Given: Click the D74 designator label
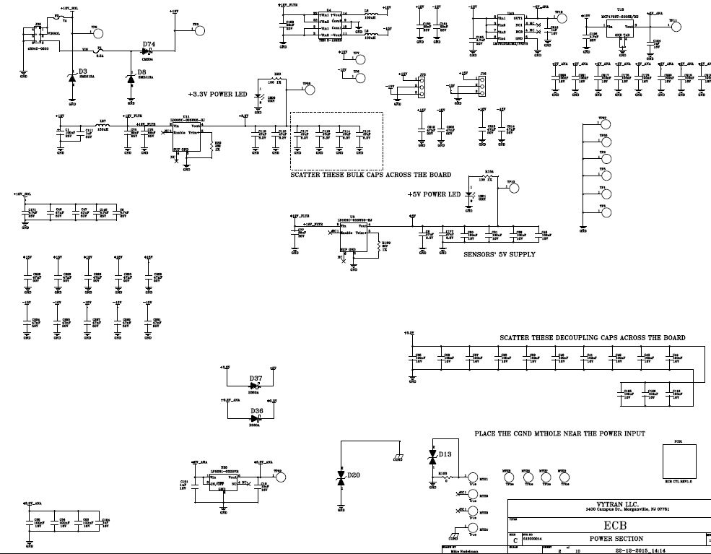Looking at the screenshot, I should click(149, 44).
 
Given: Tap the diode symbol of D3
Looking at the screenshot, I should click(71, 80).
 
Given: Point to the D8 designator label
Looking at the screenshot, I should click(141, 72).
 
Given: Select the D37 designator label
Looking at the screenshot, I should click(256, 378).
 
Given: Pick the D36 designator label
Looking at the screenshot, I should click(257, 410).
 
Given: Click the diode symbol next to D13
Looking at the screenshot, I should click(432, 457).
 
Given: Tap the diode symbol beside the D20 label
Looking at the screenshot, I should click(341, 477).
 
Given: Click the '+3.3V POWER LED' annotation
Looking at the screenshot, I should click(219, 95).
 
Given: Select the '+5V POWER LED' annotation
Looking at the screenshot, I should click(433, 195).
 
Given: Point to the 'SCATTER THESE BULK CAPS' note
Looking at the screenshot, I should click(370, 175).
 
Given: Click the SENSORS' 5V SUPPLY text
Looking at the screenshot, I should click(499, 254).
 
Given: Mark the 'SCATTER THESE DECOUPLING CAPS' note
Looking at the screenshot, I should click(593, 338).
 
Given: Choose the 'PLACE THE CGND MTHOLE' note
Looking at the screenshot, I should click(559, 433).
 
